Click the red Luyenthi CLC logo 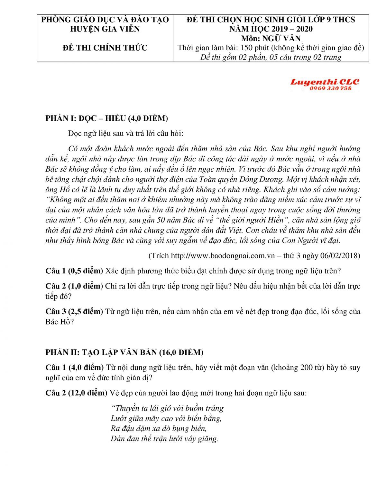[325, 82]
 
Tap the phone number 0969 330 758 [330, 89]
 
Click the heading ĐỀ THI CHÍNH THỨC [105, 48]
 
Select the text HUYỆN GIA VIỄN [105, 29]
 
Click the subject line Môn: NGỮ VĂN [271, 39]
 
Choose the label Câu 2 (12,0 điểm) [76, 393]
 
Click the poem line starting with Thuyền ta [167, 408]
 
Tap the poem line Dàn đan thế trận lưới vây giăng [164, 439]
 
